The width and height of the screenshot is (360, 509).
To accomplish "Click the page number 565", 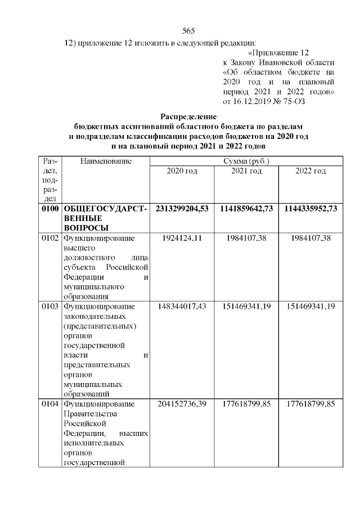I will click(x=188, y=31).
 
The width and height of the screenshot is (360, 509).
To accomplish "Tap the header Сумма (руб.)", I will click(x=246, y=161).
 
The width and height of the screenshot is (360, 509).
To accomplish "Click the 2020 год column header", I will click(x=182, y=171).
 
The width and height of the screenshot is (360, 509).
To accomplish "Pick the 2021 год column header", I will click(x=246, y=171).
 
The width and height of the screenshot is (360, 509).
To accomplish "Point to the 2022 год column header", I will click(x=310, y=171).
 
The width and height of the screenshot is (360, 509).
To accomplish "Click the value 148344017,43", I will click(x=182, y=307).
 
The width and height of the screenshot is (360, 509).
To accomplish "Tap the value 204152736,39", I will click(x=182, y=404).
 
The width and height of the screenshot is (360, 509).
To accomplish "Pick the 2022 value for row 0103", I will click(x=310, y=307).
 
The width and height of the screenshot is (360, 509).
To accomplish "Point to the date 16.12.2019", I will click(x=250, y=102).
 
